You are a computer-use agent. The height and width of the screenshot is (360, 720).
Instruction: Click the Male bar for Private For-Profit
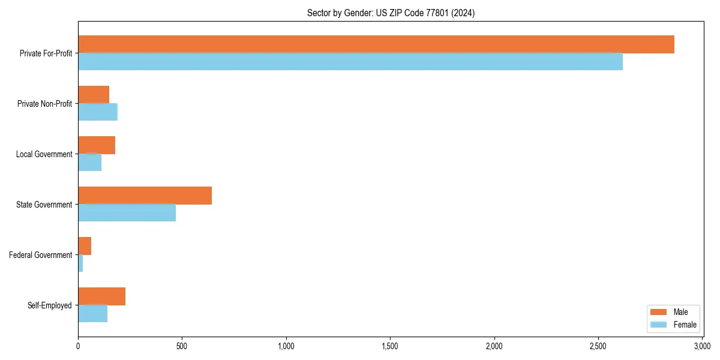coord(376,44)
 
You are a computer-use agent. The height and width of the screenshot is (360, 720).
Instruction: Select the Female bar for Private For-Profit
coord(350,62)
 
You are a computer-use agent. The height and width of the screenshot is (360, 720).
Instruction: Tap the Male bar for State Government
coord(145,196)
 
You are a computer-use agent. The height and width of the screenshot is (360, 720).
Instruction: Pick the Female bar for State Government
coord(127,213)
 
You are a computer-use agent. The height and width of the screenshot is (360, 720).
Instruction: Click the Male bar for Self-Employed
coord(101,296)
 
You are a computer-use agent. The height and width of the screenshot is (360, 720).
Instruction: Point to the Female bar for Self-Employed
coord(92,314)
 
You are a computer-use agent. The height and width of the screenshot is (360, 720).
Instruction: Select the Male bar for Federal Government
coord(85,246)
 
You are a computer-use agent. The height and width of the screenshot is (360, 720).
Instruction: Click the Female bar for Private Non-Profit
coord(98,112)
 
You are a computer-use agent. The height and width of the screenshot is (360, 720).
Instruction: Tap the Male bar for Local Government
coord(97,145)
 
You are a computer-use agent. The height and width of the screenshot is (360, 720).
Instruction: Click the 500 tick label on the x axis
coord(182,346)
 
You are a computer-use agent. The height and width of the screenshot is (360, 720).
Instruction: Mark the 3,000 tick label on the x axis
coord(702,346)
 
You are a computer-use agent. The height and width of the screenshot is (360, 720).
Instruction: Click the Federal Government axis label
coord(41,255)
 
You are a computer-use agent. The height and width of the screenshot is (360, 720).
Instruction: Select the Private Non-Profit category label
coord(44,104)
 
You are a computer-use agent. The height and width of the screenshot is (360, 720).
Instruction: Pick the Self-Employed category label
coord(50,305)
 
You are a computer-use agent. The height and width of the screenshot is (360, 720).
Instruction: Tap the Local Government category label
coord(44,154)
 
